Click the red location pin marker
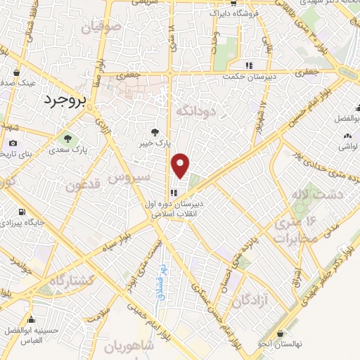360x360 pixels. coord(181,165)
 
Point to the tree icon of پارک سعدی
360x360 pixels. coord(68,139)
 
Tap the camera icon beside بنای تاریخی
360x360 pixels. coord(12,143)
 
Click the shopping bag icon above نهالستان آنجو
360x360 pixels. coord(281,333)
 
